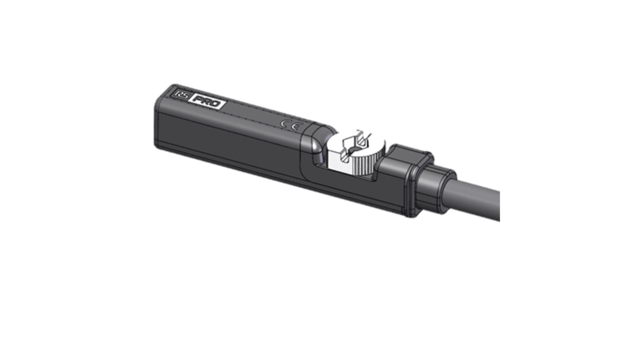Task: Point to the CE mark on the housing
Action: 289,125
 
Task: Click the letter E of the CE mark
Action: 294,126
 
